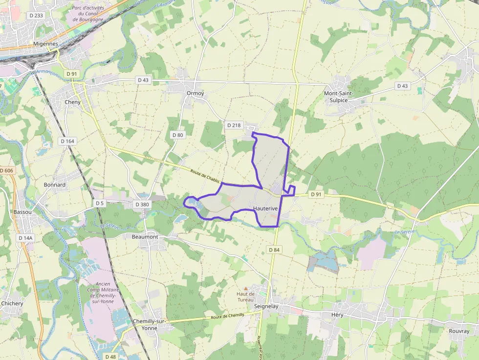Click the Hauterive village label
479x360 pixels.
[x=265, y=209]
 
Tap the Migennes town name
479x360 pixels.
[x=45, y=44]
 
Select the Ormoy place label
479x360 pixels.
[x=195, y=93]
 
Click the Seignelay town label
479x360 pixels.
[x=266, y=306]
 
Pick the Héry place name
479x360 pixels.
[x=337, y=315]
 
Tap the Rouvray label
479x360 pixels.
[x=459, y=331]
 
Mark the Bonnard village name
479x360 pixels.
[x=55, y=185]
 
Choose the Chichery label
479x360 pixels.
[x=12, y=303]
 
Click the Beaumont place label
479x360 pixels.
[x=145, y=237]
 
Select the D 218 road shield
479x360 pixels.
[x=234, y=126]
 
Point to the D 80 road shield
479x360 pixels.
[x=178, y=135]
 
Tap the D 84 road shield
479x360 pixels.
[x=275, y=250]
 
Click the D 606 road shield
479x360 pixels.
[x=6, y=170]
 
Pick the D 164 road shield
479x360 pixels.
[x=67, y=141]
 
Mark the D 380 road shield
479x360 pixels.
[x=142, y=204]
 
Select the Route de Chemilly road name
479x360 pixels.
[x=227, y=317]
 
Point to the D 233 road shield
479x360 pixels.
[x=36, y=16]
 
